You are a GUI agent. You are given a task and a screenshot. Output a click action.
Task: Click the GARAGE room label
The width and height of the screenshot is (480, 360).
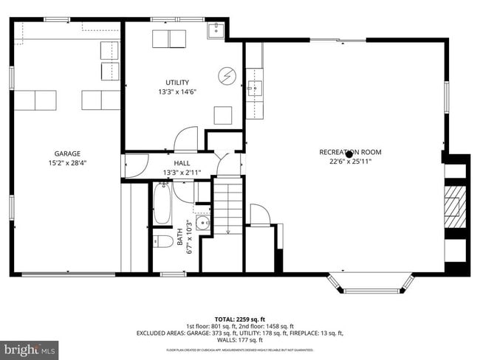66,153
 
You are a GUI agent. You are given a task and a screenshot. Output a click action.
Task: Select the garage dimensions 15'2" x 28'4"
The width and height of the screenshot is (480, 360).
66,163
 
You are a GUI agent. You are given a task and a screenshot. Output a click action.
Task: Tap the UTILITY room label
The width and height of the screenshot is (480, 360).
177,82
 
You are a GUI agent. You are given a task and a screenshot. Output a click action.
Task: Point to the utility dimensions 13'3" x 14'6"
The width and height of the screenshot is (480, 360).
177,92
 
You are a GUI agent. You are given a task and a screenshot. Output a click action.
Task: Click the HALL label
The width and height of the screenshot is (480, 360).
182,163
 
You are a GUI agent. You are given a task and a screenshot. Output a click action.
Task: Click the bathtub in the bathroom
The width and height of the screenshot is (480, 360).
162,204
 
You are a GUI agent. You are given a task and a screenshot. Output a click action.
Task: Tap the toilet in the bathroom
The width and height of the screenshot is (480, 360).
165,241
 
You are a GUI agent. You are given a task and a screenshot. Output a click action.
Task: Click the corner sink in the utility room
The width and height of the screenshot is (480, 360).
215,30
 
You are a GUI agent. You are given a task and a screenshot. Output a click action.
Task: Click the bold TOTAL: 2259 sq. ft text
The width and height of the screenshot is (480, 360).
240,318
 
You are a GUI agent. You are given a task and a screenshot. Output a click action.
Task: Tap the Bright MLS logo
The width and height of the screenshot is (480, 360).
30,347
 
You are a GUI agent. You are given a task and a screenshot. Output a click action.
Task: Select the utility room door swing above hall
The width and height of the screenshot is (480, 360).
186,139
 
